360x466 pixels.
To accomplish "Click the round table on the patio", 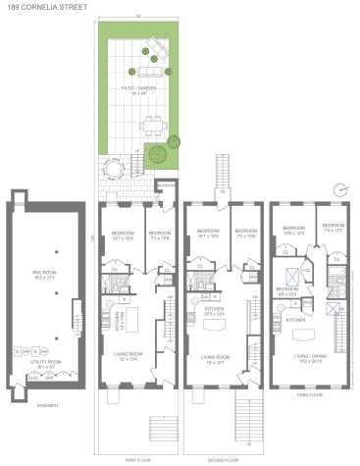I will (x=110, y=170).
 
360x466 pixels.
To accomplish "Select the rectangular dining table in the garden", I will (x=153, y=125).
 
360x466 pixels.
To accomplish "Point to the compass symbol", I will (x=340, y=188).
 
